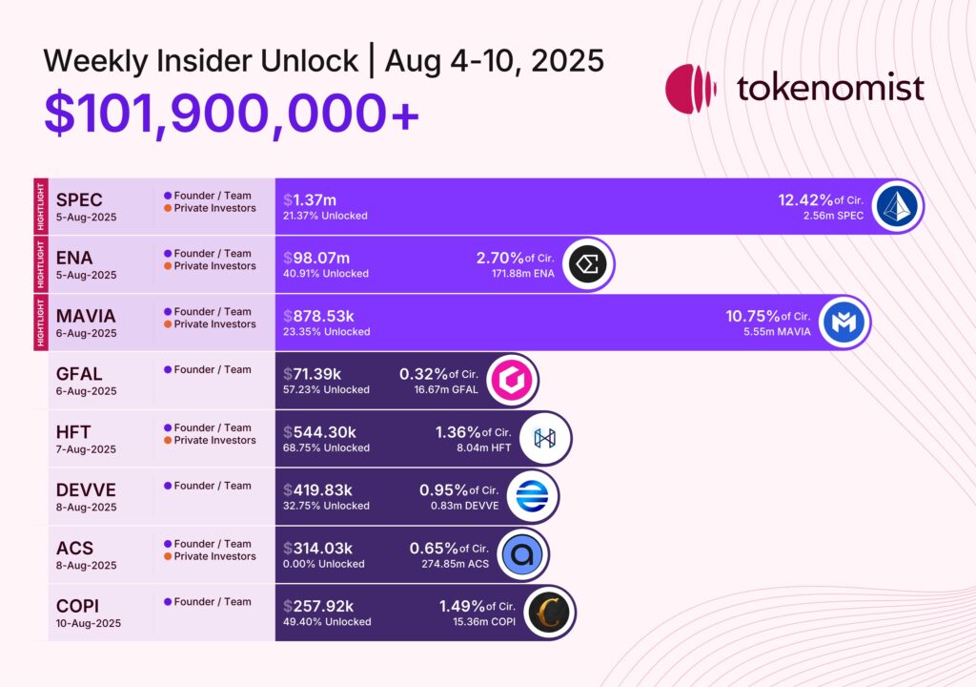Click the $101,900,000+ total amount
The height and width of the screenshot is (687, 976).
coord(232,114)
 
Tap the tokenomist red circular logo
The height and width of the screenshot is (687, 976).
coord(690,90)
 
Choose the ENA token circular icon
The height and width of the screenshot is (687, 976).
coord(588,264)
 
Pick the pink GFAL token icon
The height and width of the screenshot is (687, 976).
coord(511,381)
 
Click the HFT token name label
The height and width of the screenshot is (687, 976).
coord(73,431)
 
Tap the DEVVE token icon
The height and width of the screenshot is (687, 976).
coord(530,496)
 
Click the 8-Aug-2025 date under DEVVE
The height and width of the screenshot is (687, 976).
coord(86,507)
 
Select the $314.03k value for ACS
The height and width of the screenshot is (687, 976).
coord(318,549)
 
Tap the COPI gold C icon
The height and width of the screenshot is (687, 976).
coord(549,613)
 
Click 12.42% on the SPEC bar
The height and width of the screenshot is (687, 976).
coord(804,199)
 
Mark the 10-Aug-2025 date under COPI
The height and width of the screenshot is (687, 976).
coord(89,623)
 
